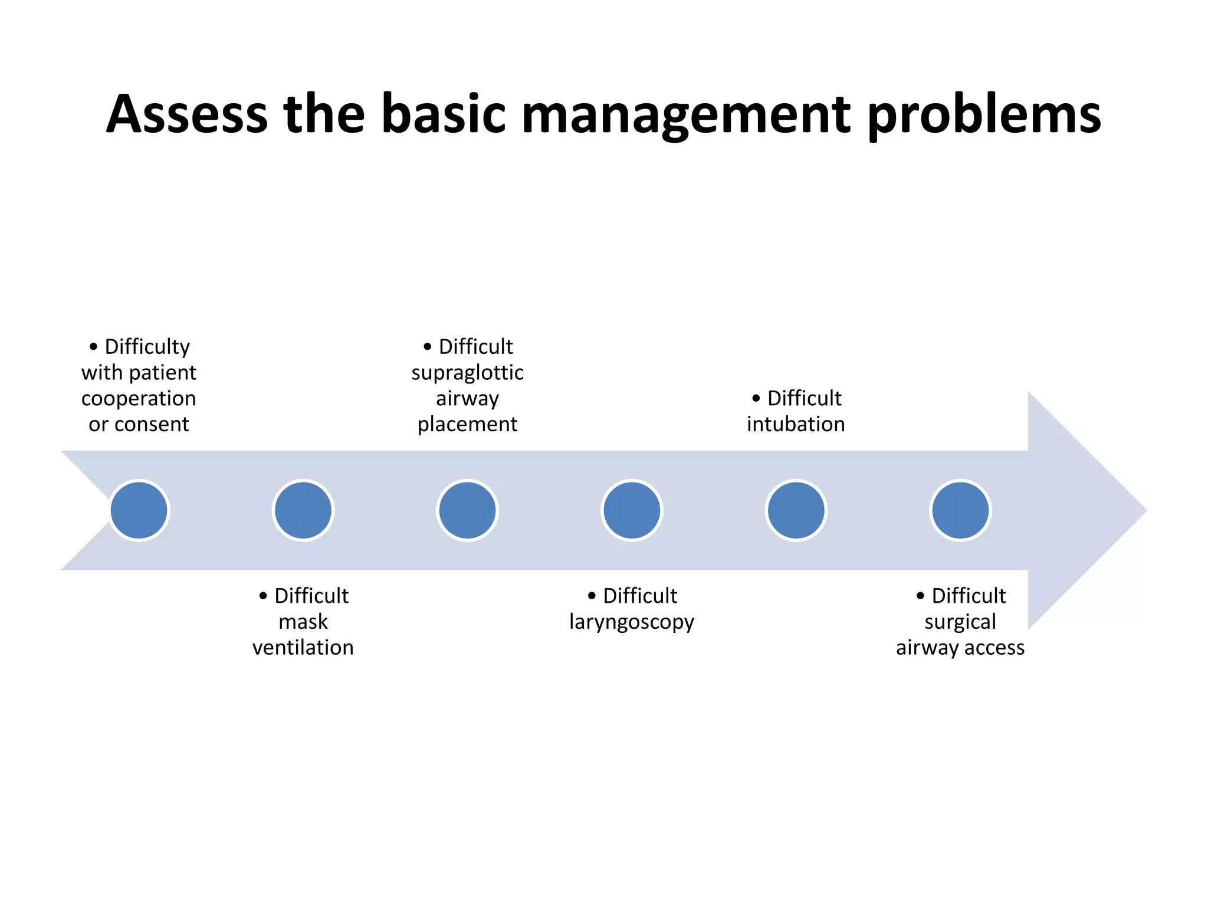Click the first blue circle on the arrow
pyautogui.click(x=139, y=510)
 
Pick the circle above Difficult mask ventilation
pyautogui.click(x=303, y=510)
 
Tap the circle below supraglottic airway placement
pyautogui.click(x=468, y=510)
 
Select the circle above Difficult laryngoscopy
pyautogui.click(x=632, y=510)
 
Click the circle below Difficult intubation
pyautogui.click(x=796, y=510)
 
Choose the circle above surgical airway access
pyautogui.click(x=960, y=510)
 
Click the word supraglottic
pyautogui.click(x=467, y=373)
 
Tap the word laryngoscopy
pyautogui.click(x=632, y=622)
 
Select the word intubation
pyautogui.click(x=796, y=424)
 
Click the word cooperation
pyautogui.click(x=139, y=399)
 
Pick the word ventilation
pyautogui.click(x=303, y=648)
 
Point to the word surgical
pyautogui.click(x=960, y=622)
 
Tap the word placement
pyautogui.click(x=467, y=424)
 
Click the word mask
pyautogui.click(x=303, y=622)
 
